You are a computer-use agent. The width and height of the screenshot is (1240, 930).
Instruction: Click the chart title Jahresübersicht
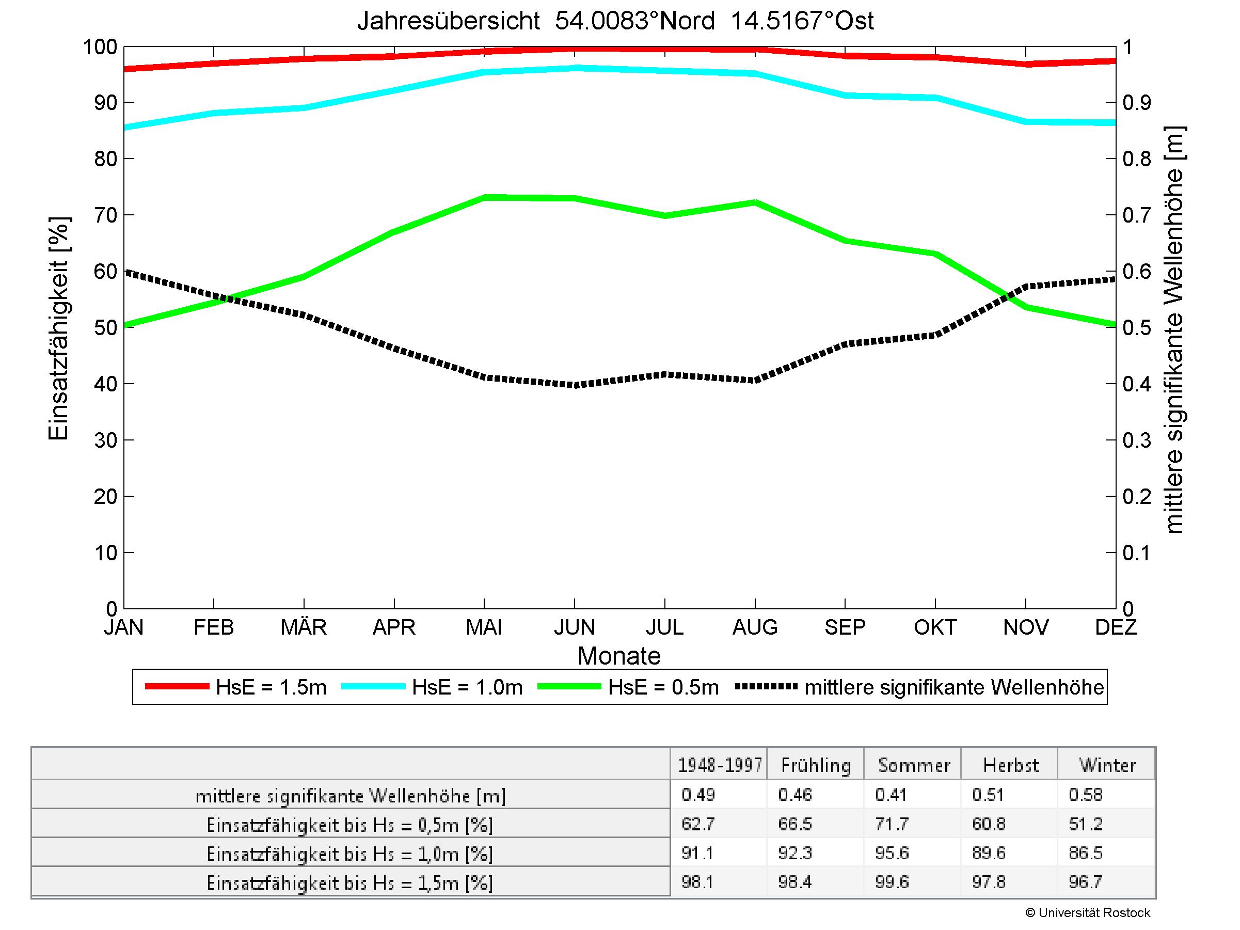coord(615,21)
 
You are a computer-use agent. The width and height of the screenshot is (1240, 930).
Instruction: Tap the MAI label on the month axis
coord(484,627)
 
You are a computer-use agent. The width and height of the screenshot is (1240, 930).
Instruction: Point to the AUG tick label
coord(755,627)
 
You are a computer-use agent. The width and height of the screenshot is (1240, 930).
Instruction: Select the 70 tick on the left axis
coord(105,215)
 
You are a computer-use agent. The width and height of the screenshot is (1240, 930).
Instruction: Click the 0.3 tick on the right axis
coord(1136,440)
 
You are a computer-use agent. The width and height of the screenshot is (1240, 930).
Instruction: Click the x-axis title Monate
coord(619,656)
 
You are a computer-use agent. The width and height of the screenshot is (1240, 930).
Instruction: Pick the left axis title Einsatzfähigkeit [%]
coord(58,328)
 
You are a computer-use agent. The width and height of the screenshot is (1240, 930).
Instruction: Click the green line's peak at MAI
coord(484,197)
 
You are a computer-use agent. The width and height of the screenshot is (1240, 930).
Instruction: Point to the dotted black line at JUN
coord(575,385)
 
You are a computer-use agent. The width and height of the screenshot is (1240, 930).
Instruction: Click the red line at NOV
coord(1026,64)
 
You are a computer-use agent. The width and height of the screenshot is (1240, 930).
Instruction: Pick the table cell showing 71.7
coord(892,824)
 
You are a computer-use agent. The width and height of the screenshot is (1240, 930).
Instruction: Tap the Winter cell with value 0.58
coord(1085,795)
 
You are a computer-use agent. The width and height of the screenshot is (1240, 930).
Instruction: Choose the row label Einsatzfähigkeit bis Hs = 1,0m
coord(350,854)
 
